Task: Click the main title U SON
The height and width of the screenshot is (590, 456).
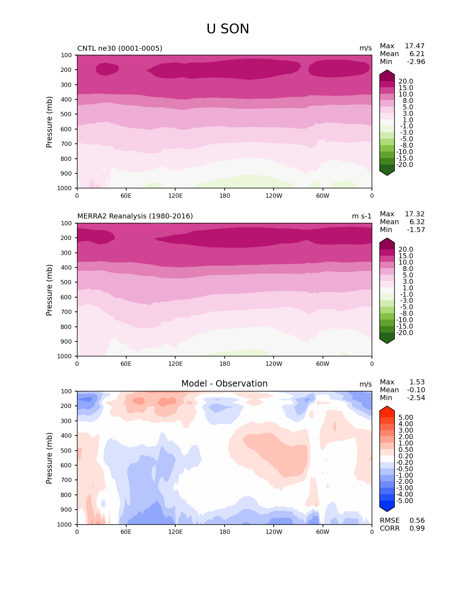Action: point(228,29)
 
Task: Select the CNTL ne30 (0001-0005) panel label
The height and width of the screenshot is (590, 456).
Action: point(120,48)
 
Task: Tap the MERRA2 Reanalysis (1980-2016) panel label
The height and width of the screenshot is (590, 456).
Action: point(135,216)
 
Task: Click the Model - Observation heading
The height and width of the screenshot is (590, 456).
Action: point(224,384)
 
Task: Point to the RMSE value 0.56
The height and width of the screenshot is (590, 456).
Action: point(417,520)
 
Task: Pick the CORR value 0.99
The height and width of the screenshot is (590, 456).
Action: point(417,528)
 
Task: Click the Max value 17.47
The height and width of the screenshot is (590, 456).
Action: point(415,46)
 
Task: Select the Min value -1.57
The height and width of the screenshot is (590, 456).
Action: point(416,230)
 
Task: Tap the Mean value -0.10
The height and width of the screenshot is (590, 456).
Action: point(416,390)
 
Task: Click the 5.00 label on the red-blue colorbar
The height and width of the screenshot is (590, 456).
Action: point(406,417)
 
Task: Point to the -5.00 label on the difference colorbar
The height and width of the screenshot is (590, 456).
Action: point(405,501)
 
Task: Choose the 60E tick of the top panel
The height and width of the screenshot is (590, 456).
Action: point(126,196)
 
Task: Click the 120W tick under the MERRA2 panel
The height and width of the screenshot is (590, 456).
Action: point(274,364)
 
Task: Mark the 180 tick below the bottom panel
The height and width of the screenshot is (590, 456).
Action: point(225,532)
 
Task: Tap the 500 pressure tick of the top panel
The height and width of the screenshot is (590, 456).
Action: point(67,114)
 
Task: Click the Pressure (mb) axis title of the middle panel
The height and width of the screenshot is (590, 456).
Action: point(49,290)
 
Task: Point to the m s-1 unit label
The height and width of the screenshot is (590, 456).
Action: point(362,216)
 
